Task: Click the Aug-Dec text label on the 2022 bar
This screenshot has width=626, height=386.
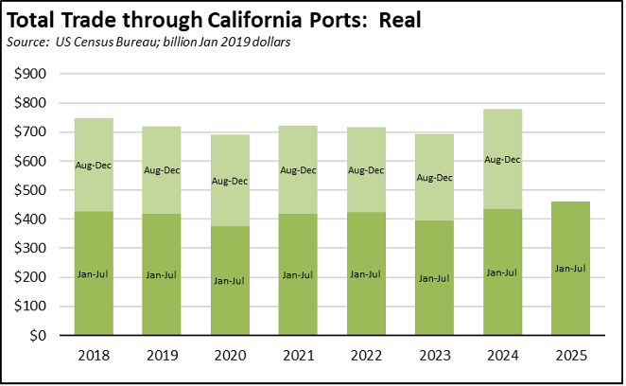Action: (366, 170)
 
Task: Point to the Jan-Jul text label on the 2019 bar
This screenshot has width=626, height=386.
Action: (162, 274)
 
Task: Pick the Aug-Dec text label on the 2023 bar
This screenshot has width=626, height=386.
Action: (434, 176)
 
